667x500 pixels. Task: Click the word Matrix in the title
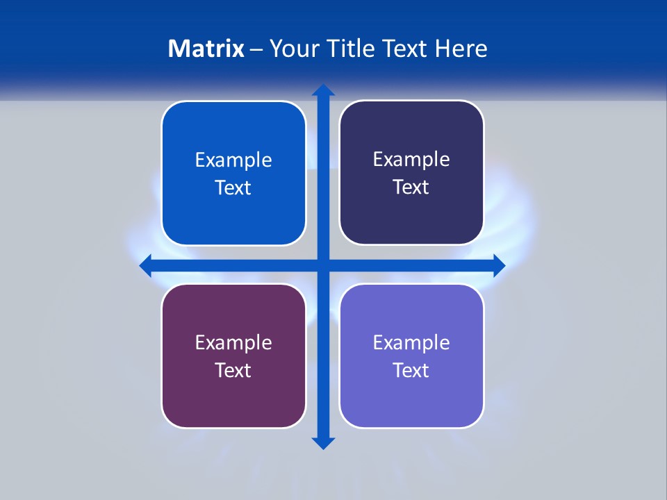point(206,49)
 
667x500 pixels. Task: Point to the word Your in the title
point(292,49)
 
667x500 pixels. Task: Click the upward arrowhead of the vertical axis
point(322,90)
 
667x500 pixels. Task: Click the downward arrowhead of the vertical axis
point(322,443)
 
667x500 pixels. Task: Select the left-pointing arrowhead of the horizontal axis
point(146,265)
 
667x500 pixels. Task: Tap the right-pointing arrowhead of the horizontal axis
point(499,265)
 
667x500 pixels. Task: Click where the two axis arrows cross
point(322,265)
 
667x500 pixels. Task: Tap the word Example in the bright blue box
point(233,160)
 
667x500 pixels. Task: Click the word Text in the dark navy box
point(411,187)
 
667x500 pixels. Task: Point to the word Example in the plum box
point(233,342)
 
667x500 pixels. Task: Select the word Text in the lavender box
point(411,370)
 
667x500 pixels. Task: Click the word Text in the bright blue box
point(233,187)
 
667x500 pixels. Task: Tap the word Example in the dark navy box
point(411,159)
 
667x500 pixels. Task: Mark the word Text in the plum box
point(233,370)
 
